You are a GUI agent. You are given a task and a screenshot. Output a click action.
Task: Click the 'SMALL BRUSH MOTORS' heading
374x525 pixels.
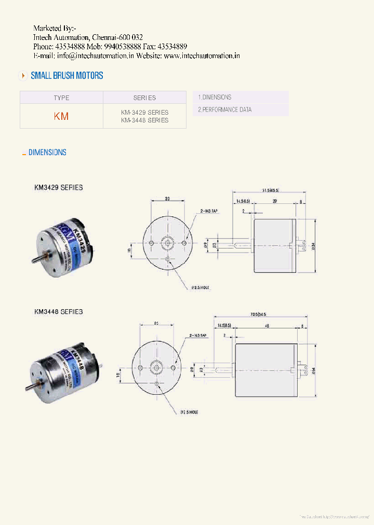tap(67, 76)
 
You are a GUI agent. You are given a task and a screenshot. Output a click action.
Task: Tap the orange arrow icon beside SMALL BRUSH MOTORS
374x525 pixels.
tap(23, 76)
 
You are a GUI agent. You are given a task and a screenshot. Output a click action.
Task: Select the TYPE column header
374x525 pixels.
tap(61, 98)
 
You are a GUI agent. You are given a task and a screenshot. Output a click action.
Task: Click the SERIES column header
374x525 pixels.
tap(144, 98)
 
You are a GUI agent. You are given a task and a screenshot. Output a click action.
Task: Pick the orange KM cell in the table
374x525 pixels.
tap(61, 116)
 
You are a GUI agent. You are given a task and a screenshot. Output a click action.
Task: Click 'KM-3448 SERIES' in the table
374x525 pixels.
tap(144, 120)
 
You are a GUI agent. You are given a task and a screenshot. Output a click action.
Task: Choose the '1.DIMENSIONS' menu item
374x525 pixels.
tap(215, 97)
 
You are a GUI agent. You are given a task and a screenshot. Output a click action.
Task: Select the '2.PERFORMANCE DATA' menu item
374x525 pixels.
tap(224, 109)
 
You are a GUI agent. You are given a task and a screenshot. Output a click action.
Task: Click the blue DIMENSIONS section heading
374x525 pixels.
tap(47, 153)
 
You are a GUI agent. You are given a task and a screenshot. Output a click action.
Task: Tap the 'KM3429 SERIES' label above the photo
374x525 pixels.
tap(58, 187)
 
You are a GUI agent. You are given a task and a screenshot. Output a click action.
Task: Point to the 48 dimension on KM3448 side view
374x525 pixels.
tap(266, 326)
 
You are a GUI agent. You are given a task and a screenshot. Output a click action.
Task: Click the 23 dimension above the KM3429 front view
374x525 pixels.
tap(167, 198)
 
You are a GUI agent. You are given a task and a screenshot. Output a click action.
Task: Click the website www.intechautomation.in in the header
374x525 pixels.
tap(202, 56)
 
